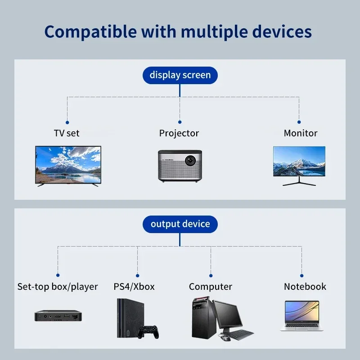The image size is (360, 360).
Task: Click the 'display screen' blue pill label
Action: (180, 75)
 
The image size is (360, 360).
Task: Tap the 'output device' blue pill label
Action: (180, 224)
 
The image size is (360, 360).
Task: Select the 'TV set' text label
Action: (67, 133)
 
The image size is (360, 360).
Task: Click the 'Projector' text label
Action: (179, 133)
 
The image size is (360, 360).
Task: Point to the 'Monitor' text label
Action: (301, 133)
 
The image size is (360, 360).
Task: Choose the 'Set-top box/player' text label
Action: (58, 287)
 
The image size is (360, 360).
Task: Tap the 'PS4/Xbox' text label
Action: (134, 287)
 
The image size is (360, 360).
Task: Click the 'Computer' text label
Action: (211, 287)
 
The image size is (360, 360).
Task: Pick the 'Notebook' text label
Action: (305, 287)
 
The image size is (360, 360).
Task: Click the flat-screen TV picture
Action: (68, 165)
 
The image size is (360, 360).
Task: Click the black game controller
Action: (148, 332)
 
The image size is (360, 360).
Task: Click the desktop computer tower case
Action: (201, 317)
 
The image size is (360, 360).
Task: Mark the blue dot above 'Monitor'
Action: (299, 121)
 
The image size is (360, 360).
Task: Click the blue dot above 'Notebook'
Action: (301, 275)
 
